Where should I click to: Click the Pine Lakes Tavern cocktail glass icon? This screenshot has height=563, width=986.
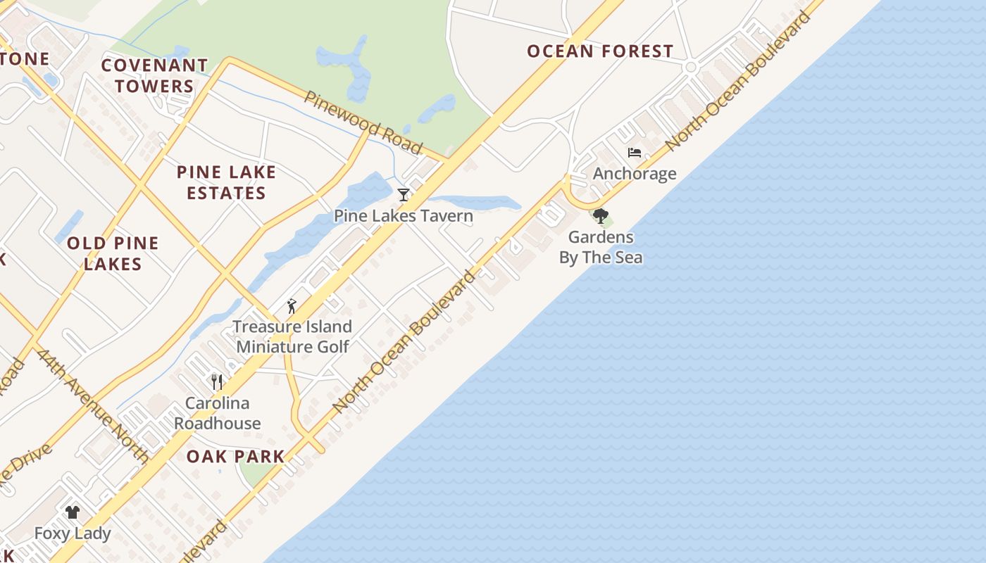point(404,195)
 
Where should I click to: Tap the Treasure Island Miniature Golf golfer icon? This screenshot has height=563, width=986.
point(292,306)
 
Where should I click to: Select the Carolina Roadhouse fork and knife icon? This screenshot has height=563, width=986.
point(217,382)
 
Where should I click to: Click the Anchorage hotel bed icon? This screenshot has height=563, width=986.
point(635,153)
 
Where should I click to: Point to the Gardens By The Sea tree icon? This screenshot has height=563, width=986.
point(600,216)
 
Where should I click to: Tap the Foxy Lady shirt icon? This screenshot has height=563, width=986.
point(73,512)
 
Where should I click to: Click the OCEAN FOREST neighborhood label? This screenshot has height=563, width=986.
point(600,51)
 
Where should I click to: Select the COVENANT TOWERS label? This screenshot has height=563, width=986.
point(154,76)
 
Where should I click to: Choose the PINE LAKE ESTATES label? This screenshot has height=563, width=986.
point(226,182)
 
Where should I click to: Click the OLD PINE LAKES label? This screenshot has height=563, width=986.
point(113,253)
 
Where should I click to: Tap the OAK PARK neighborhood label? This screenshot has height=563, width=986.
point(235,456)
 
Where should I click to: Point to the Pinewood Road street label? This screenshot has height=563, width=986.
point(363,122)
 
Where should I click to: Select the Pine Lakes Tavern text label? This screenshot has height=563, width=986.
point(404,216)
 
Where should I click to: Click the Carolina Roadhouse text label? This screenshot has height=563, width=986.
point(217,413)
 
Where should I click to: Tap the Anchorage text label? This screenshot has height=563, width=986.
point(635,174)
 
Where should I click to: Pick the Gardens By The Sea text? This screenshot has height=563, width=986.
point(601,247)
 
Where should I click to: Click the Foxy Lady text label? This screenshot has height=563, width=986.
point(73,533)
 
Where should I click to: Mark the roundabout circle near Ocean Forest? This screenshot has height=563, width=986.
point(691,68)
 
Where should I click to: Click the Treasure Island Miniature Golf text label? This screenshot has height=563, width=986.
point(292,336)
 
